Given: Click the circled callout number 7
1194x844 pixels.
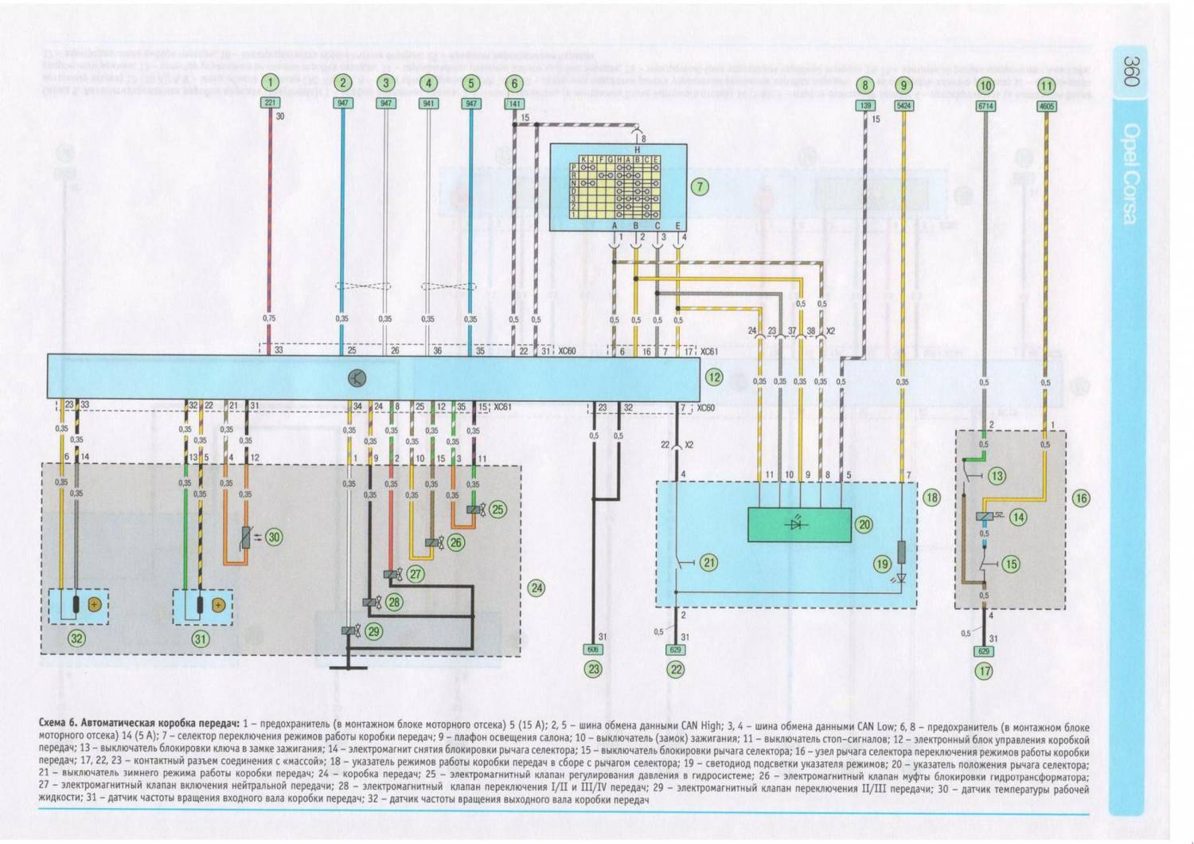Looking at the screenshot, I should pos(699,187).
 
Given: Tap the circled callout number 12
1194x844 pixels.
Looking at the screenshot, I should pos(714,377).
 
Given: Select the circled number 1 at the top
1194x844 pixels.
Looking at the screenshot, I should pos(271,83).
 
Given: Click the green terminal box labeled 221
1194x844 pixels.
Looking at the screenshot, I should pos(271,104).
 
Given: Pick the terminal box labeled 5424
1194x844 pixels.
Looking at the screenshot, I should pos(903,105).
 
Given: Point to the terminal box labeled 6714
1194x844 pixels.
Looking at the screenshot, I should pos(985,105).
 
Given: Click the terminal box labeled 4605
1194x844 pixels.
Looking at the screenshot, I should pos(1046,105).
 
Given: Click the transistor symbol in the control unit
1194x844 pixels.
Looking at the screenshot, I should pos(355,378).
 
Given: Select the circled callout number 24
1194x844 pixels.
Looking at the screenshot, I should pos(537,588).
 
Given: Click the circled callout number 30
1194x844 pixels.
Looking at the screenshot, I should pos(274,537).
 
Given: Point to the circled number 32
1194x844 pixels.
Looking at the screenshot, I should pos(76,638).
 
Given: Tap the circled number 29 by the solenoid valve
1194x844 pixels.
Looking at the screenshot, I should pos(373,631).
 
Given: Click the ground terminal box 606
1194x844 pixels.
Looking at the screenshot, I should pos(593,650).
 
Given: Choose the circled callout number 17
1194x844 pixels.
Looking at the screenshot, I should pos(985,670).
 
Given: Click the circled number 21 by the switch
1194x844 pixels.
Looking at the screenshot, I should pos(709,562).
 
